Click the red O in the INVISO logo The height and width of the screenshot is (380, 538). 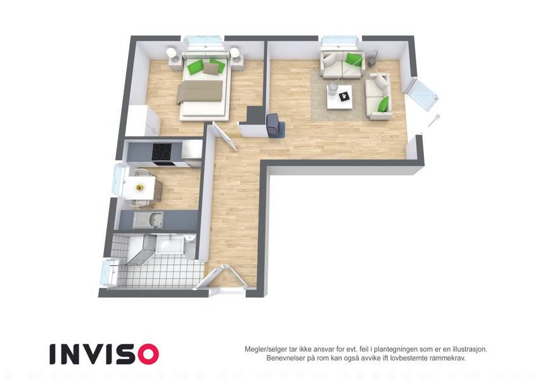(148, 354)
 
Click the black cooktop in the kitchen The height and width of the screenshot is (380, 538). (162, 151)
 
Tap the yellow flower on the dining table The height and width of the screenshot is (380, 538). (139, 187)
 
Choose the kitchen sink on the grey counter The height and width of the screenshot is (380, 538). (148, 220)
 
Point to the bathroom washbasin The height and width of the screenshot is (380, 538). (169, 244)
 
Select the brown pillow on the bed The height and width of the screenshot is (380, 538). (210, 68)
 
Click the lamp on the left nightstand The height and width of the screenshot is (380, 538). (171, 53)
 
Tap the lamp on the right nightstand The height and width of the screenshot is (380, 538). (234, 53)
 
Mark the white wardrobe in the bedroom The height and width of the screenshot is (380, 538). (143, 121)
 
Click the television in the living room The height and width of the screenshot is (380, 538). (272, 125)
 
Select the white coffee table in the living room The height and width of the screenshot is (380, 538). (339, 97)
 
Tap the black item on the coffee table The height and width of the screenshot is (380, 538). (343, 97)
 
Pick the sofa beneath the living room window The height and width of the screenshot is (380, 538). (342, 65)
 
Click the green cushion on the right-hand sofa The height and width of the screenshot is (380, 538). (383, 104)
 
